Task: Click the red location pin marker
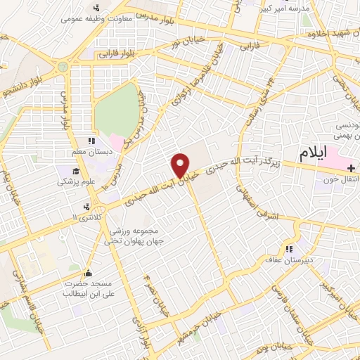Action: [181, 165]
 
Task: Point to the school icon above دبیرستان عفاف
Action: [289, 249]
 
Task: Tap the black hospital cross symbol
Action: [350, 168]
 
